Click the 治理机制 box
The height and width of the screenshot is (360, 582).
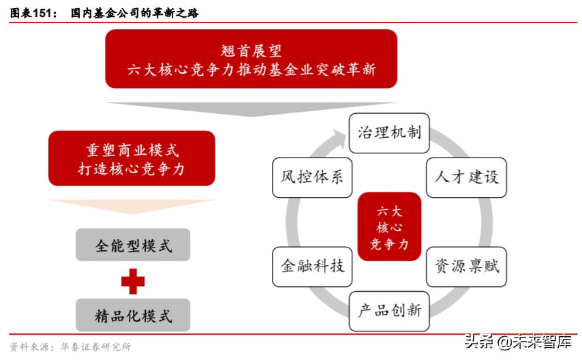[x=389, y=133]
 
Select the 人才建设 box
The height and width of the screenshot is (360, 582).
[x=466, y=177]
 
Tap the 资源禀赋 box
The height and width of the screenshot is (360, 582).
[x=466, y=267]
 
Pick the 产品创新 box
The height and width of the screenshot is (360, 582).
[x=389, y=311]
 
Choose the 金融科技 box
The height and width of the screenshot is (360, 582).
[x=312, y=267]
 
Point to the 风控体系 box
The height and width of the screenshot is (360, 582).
[x=312, y=177]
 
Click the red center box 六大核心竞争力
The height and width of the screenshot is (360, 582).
[x=389, y=226]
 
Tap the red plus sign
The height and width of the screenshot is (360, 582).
[x=133, y=281]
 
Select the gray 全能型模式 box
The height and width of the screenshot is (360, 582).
[x=133, y=245]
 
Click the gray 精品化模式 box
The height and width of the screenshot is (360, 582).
[x=133, y=315]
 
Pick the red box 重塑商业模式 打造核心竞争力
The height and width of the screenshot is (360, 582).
[x=132, y=158]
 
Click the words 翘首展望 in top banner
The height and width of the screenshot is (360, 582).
[x=251, y=51]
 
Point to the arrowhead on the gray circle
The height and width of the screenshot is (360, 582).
[x=339, y=137]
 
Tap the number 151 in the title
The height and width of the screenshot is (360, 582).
[x=42, y=13]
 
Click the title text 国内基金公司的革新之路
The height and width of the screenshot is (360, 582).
[x=135, y=13]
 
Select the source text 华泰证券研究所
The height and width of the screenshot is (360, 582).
[x=96, y=346]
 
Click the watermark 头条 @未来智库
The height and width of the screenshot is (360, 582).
[x=518, y=342]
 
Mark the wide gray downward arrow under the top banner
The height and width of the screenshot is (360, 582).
[x=251, y=109]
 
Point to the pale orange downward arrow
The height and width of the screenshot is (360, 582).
[x=132, y=207]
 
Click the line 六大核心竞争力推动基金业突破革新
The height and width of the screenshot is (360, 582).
[x=251, y=70]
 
